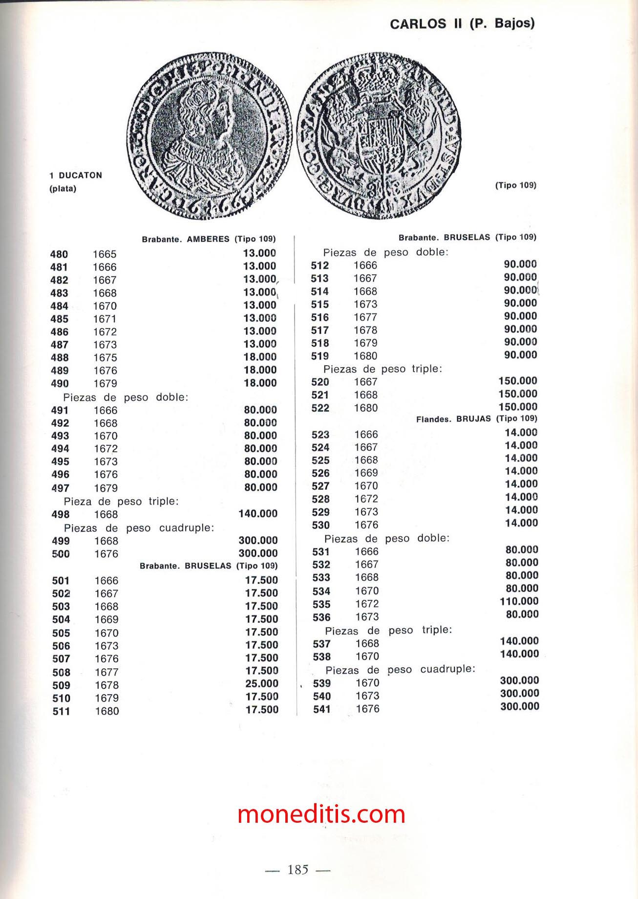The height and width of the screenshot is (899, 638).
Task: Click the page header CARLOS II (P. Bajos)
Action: tap(462, 23)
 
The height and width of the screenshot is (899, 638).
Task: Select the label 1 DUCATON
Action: tap(76, 175)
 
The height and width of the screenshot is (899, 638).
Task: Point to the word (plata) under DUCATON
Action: tap(63, 189)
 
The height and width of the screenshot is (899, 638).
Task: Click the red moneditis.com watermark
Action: tap(321, 814)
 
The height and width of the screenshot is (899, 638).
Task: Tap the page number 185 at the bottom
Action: tap(298, 870)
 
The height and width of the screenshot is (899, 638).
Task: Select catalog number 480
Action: tap(59, 254)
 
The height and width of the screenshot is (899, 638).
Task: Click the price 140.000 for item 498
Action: tap(257, 514)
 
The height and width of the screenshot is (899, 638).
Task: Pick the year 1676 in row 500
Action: tap(106, 554)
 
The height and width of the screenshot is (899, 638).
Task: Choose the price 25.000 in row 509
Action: tap(261, 683)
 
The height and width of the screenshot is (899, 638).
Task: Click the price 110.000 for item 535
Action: tap(519, 601)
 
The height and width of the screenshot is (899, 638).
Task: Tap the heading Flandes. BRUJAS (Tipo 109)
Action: tap(476, 419)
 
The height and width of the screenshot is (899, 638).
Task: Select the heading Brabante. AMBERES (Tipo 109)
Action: tap(209, 239)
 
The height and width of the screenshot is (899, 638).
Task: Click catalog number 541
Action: tap(321, 709)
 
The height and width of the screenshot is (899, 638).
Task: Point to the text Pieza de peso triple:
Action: tap(121, 502)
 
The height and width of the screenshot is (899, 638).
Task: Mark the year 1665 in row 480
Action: tap(105, 254)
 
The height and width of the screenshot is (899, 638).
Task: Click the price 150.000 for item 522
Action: tap(517, 407)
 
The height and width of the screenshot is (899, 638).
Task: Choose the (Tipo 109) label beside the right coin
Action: tap(515, 185)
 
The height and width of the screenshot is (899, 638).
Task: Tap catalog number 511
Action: tap(62, 711)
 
